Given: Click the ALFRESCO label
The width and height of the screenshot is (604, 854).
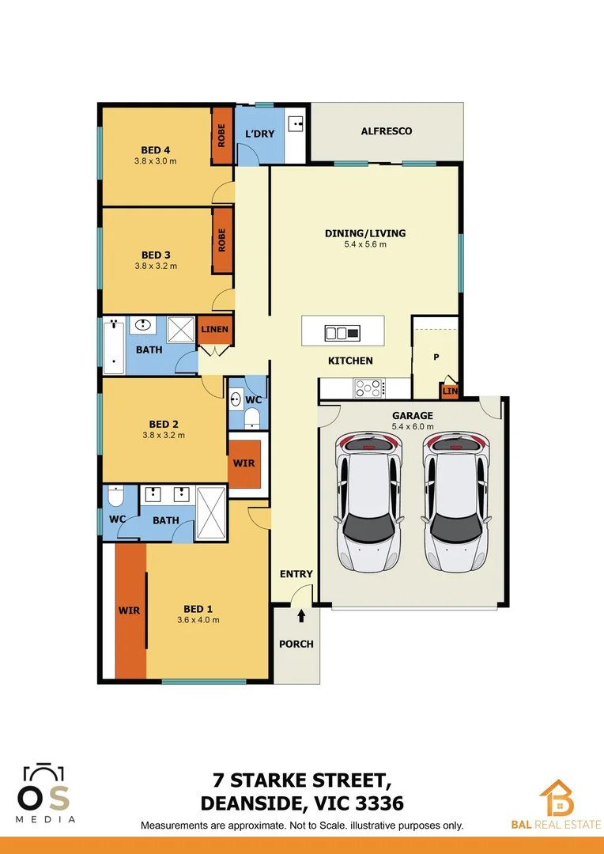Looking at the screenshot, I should point(386,131).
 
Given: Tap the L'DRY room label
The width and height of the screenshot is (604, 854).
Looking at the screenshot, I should point(259,134).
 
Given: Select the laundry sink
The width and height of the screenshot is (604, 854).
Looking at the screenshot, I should point(296,123).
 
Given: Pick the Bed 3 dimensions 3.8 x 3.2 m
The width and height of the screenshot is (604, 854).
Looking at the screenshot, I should point(156,266).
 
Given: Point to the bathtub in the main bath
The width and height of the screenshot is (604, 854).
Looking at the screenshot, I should point(114,346).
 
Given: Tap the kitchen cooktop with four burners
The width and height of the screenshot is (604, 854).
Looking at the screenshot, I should point(369,388).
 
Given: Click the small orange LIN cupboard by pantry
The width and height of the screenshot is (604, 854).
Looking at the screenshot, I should point(449,391).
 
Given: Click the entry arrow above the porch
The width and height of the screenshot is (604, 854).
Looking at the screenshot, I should point(301,614).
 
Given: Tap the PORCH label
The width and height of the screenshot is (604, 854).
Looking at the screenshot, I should point(296,644).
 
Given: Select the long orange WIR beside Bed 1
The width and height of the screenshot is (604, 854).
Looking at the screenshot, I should point(130,610).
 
